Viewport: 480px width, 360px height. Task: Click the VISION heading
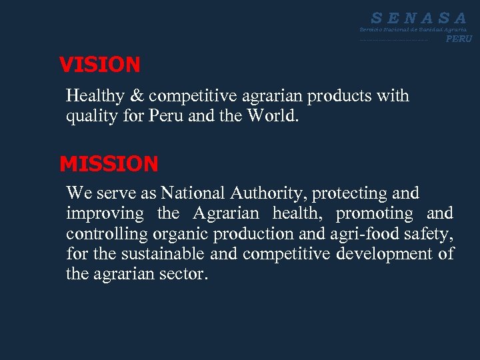click(x=99, y=65)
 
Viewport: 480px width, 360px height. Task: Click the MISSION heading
click(x=109, y=163)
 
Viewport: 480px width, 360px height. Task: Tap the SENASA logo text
click(x=419, y=19)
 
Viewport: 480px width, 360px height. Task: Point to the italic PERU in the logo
click(x=459, y=39)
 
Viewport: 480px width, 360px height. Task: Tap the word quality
click(x=89, y=117)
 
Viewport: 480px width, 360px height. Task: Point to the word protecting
click(x=351, y=194)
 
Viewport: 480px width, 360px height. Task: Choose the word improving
click(x=105, y=214)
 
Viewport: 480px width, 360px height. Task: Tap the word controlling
click(x=106, y=234)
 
